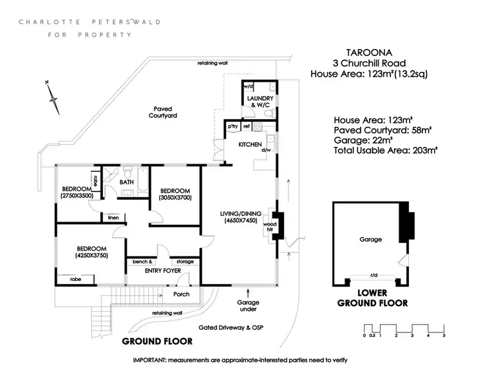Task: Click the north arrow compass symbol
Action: pos(52,94)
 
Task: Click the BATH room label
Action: pos(126,182)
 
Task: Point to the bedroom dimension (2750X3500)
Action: pos(77,195)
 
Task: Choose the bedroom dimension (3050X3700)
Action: pos(175,198)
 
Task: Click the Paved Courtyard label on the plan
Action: pos(161,112)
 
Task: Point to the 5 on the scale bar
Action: pos(444,335)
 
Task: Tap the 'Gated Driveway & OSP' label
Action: pos(231,327)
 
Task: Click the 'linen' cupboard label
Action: pos(113,216)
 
